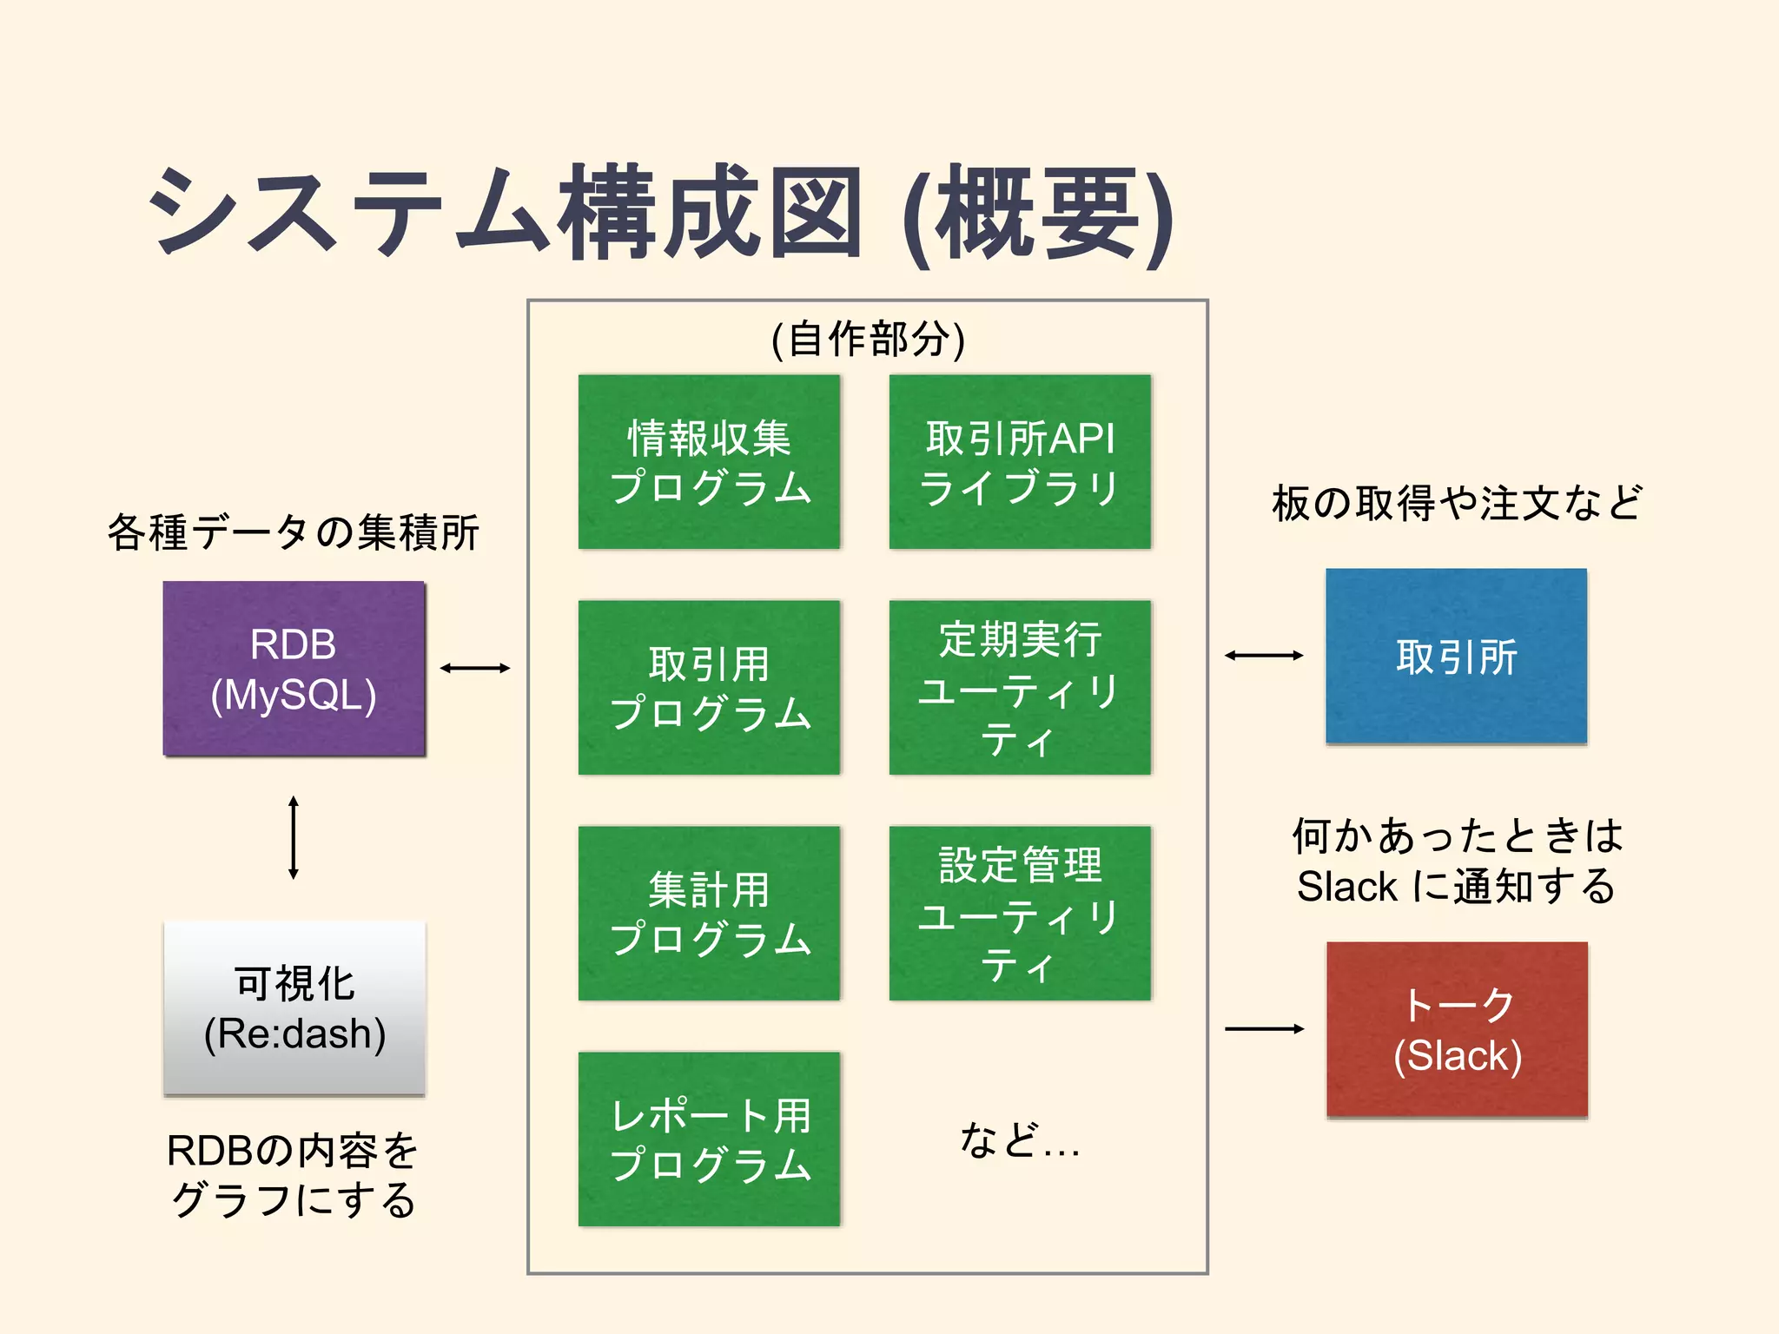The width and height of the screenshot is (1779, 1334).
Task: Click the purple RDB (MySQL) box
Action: click(294, 669)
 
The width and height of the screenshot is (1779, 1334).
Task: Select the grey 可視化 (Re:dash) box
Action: click(294, 1007)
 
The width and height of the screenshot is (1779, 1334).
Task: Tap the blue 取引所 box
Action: click(1456, 656)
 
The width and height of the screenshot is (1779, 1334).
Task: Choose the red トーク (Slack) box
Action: click(1457, 1029)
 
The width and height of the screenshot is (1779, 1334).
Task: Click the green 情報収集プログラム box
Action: click(709, 461)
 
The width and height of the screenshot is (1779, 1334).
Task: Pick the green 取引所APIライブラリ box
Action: click(1020, 461)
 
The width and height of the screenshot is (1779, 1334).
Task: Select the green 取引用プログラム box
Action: click(709, 687)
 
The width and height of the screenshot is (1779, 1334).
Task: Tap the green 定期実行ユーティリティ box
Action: click(1020, 687)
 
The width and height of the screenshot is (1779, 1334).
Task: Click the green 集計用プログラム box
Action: click(709, 913)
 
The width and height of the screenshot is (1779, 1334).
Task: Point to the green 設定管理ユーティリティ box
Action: click(1020, 913)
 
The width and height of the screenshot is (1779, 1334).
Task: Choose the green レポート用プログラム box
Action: click(709, 1139)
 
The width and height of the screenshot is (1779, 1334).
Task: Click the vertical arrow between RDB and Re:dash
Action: click(294, 837)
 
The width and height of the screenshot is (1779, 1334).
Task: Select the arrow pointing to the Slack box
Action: click(1264, 1029)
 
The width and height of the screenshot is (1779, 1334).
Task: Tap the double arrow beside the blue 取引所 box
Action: click(1264, 656)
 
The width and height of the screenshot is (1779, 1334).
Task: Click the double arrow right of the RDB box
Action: click(474, 668)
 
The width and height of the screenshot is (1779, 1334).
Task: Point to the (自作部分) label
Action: click(868, 340)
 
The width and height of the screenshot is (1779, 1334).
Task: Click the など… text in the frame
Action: click(1020, 1140)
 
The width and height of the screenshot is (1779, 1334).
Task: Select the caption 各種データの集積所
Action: click(294, 532)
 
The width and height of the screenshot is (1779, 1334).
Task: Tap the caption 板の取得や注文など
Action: click(1457, 504)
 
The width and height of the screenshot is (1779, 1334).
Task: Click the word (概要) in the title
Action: click(1038, 215)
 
